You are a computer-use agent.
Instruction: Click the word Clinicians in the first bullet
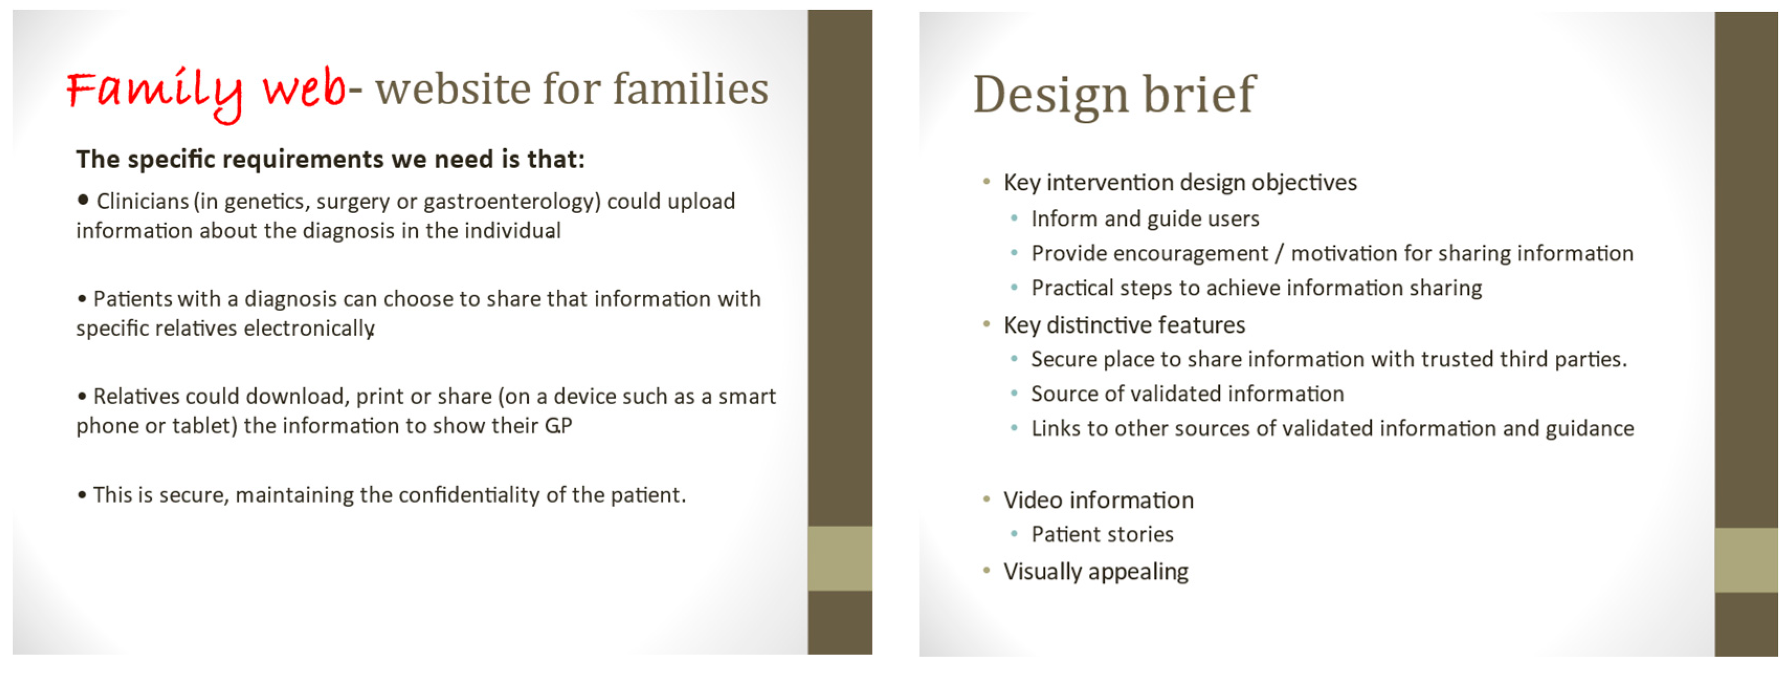pyautogui.click(x=142, y=201)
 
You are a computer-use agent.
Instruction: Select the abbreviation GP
pyautogui.click(x=558, y=426)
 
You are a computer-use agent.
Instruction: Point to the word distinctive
pyautogui.click(x=1094, y=325)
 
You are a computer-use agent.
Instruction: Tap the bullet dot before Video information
pyautogui.click(x=986, y=499)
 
